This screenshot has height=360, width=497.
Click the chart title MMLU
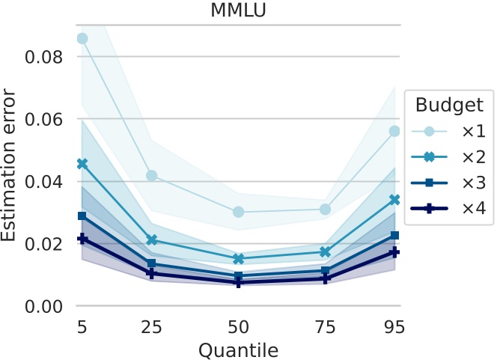coord(239,10)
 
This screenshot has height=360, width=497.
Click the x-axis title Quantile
coord(239,350)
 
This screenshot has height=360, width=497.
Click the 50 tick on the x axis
coord(239,327)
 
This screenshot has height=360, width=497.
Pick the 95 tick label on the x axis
coord(394,327)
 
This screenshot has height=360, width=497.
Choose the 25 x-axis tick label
coord(152,327)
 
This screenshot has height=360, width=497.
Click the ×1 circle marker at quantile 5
coord(82,38)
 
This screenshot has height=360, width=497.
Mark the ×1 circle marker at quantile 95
coord(394,131)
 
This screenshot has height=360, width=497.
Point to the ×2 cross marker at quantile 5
coord(82,163)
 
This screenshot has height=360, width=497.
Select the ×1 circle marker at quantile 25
coord(152,176)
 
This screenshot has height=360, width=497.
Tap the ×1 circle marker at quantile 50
coord(239,212)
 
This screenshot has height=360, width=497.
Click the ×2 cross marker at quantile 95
coord(394,200)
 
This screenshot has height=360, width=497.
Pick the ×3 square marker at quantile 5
coord(82,216)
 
